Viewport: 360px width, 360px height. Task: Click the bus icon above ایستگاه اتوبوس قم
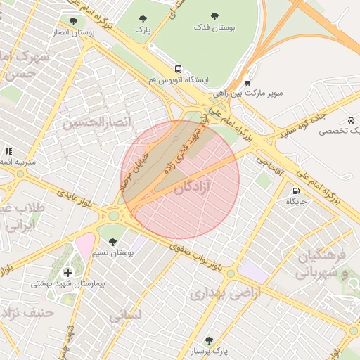tap(177, 70)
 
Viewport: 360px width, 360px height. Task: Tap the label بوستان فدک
tap(214, 27)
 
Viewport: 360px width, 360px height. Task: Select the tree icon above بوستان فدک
tap(214, 15)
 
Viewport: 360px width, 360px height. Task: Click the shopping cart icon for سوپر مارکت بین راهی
tap(247, 82)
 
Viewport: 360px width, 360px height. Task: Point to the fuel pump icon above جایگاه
tap(295, 191)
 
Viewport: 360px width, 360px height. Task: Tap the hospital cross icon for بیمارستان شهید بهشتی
tap(67, 272)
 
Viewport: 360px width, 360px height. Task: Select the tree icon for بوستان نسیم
tap(112, 242)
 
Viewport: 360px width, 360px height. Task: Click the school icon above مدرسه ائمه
tap(8, 151)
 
